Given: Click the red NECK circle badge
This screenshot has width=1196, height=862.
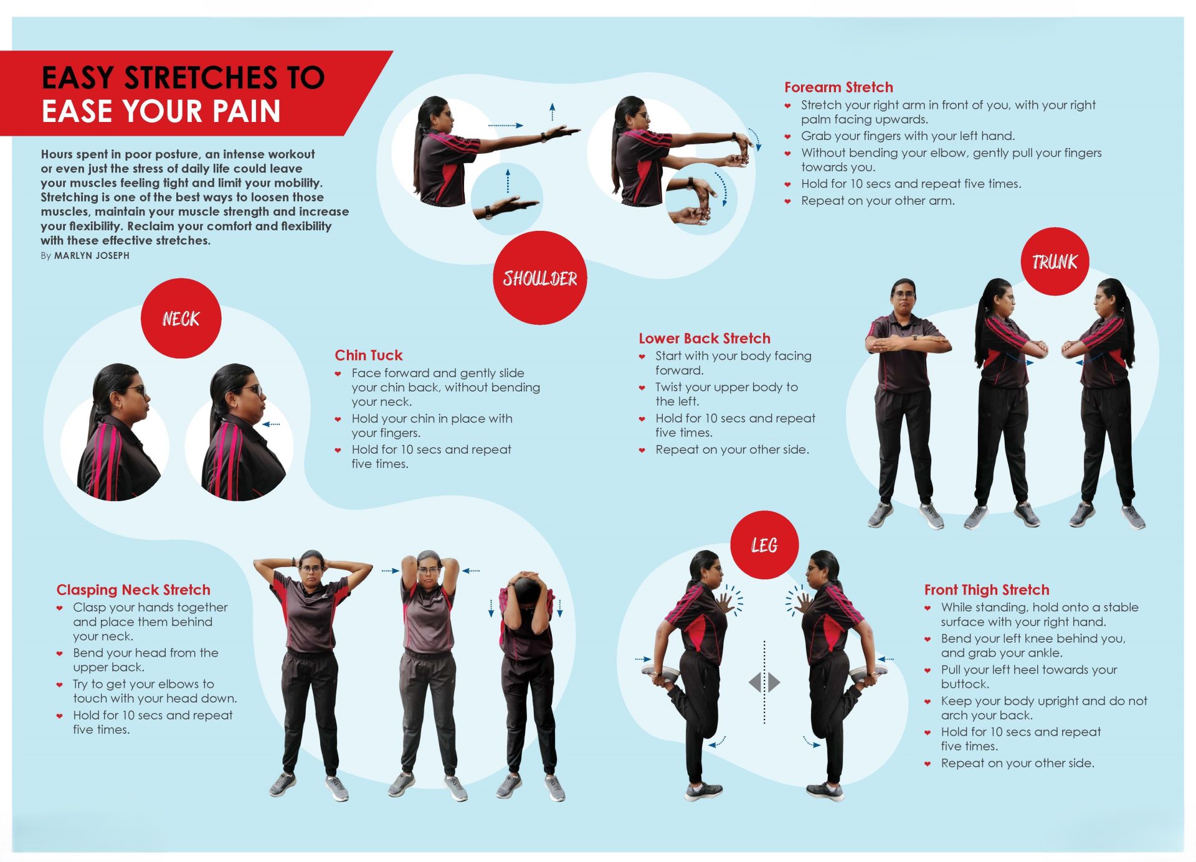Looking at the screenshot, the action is click(x=181, y=318).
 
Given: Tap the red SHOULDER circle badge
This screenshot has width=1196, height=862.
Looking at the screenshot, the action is click(x=540, y=278).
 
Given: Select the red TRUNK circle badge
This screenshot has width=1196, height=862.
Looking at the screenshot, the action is click(x=1055, y=261).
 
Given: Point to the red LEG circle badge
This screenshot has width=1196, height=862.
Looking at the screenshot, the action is click(x=764, y=545).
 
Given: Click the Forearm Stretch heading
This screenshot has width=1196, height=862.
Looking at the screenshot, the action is click(x=838, y=87).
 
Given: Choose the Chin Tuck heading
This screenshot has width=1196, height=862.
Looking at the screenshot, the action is click(x=369, y=355).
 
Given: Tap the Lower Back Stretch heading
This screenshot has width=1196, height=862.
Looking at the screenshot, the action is click(x=705, y=339).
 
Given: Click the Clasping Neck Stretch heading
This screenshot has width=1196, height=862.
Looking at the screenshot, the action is click(x=133, y=590).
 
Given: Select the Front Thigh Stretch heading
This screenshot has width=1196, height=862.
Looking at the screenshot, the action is click(x=987, y=590).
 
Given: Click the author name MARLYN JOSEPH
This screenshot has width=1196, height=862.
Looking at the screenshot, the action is click(x=92, y=256).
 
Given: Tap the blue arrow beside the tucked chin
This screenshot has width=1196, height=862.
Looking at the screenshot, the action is click(x=271, y=424).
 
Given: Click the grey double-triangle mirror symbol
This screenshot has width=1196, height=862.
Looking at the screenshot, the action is click(x=764, y=683).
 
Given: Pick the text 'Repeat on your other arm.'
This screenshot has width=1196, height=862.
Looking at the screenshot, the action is click(x=878, y=201).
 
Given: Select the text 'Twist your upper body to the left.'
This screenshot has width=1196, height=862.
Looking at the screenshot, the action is click(x=726, y=395).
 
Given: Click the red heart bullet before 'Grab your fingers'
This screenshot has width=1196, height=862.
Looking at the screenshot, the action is click(x=788, y=136).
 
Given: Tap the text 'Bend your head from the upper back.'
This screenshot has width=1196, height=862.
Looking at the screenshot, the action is click(x=146, y=660).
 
